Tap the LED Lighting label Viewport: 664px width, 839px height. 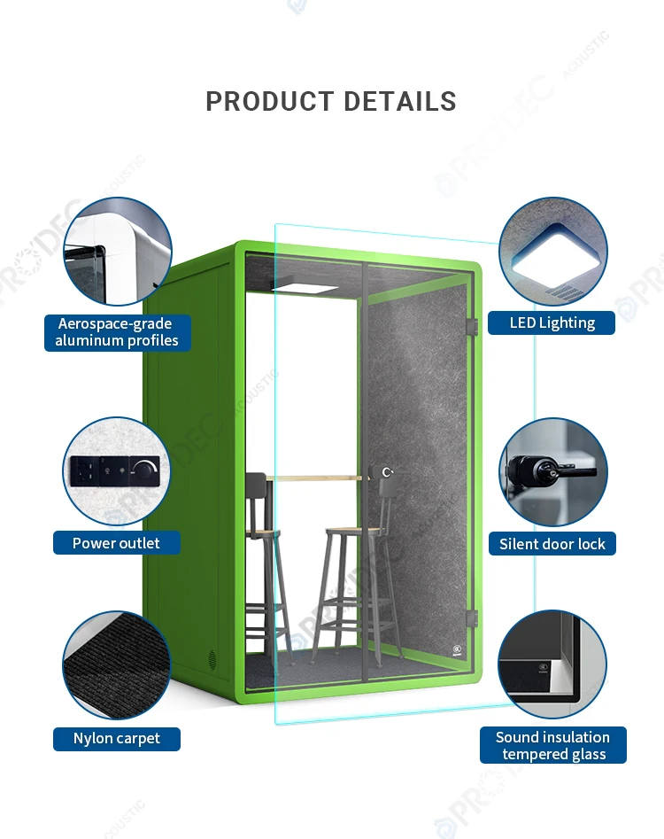[552, 322]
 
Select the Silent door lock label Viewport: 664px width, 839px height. [552, 544]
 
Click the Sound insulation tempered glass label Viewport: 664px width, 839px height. [552, 745]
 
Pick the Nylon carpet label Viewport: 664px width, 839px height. [117, 739]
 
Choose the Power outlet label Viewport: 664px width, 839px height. [117, 543]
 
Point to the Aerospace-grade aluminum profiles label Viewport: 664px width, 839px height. [117, 332]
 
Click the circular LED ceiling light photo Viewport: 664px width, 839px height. [552, 252]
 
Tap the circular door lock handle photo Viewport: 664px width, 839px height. [552, 471]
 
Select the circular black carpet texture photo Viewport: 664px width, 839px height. [116, 665]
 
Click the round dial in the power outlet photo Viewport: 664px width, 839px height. [145, 469]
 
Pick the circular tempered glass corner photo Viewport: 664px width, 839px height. [552, 664]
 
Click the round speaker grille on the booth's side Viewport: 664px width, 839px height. [212, 658]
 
